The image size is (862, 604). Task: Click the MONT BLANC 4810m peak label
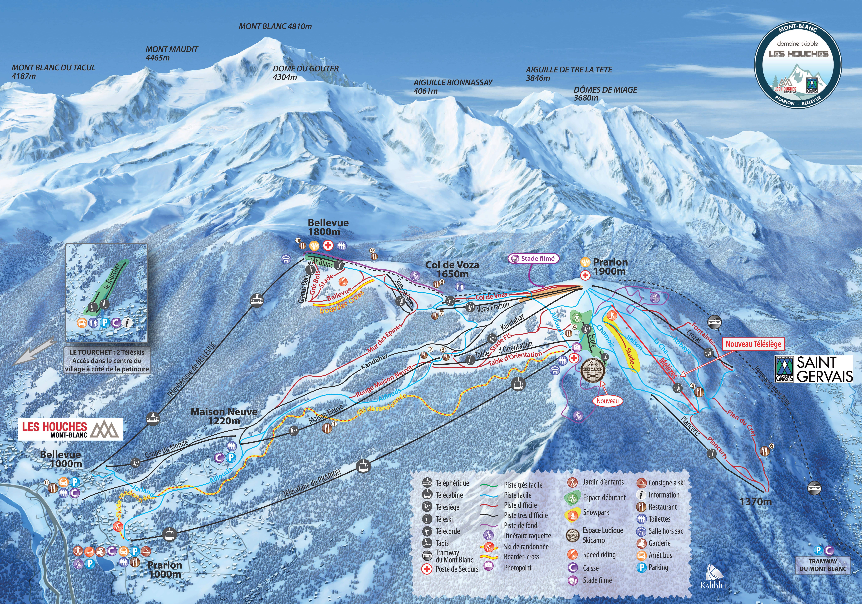pyautogui.click(x=275, y=26)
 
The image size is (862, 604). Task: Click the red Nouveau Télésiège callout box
pyautogui.click(x=753, y=343)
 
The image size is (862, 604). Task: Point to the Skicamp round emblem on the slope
pyautogui.click(x=593, y=369)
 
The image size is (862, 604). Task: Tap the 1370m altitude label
pyautogui.click(x=756, y=501)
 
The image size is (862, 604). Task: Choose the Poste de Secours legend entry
pyautogui.click(x=457, y=569)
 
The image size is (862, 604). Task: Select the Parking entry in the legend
pyautogui.click(x=658, y=567)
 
